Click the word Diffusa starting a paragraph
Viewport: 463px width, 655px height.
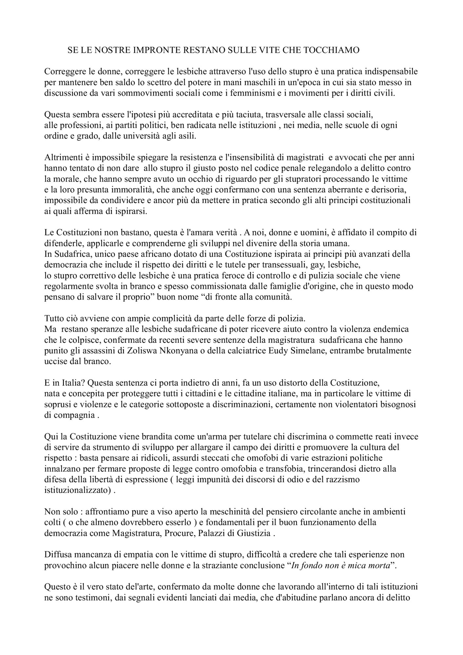[57, 554]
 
